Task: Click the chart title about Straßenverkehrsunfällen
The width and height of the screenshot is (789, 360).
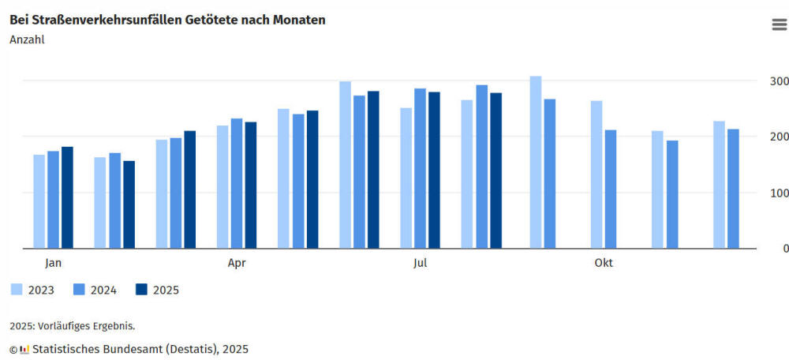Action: click(x=167, y=20)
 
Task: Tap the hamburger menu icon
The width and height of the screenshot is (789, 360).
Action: click(x=779, y=25)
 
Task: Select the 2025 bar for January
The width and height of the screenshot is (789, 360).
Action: click(x=67, y=197)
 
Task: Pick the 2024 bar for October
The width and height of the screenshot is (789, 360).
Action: click(x=611, y=189)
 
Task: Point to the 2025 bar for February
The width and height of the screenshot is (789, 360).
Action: click(x=129, y=204)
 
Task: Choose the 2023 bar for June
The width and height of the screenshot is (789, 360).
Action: click(x=345, y=164)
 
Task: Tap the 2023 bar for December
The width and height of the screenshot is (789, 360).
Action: click(x=719, y=185)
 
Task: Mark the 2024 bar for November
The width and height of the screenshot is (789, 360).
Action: click(x=672, y=194)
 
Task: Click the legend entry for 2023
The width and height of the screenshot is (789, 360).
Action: click(x=32, y=290)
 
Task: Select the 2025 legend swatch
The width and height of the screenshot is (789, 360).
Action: click(x=142, y=289)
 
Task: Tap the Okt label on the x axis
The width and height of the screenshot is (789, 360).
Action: click(x=604, y=263)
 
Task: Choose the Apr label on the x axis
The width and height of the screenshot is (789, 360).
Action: click(x=237, y=263)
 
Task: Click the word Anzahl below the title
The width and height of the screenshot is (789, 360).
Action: click(x=27, y=39)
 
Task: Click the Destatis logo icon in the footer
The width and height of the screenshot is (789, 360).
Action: click(x=24, y=349)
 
